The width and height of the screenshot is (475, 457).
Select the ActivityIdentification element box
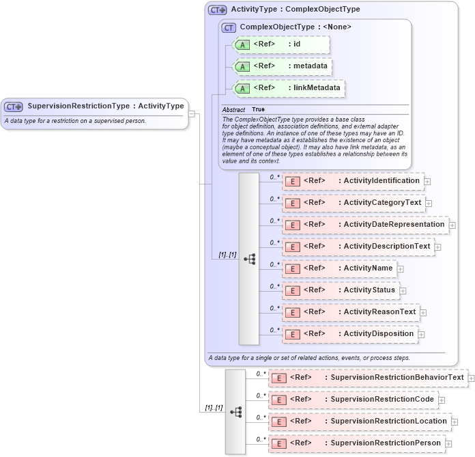(x=353, y=181)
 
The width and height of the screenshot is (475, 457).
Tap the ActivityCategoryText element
(x=354, y=203)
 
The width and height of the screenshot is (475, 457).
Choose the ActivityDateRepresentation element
(x=364, y=225)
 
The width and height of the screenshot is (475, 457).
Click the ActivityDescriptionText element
(x=358, y=247)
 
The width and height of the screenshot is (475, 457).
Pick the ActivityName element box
(x=339, y=268)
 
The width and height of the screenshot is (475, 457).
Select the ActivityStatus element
(x=340, y=290)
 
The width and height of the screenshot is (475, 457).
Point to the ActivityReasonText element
(x=351, y=312)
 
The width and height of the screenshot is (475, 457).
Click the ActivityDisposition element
(x=349, y=334)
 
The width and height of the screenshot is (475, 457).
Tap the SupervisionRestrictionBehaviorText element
(x=368, y=378)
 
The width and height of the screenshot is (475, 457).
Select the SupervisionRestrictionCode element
(x=353, y=400)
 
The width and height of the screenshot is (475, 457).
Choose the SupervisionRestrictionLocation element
(x=360, y=421)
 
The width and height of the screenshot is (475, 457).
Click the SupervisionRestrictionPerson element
(x=356, y=443)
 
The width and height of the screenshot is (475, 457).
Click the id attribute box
(x=281, y=44)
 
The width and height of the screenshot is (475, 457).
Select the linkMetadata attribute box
(x=289, y=88)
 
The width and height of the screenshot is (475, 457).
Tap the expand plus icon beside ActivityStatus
(x=403, y=291)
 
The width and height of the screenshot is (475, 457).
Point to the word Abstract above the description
(x=233, y=109)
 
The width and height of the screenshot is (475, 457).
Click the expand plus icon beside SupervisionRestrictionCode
(x=442, y=400)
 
